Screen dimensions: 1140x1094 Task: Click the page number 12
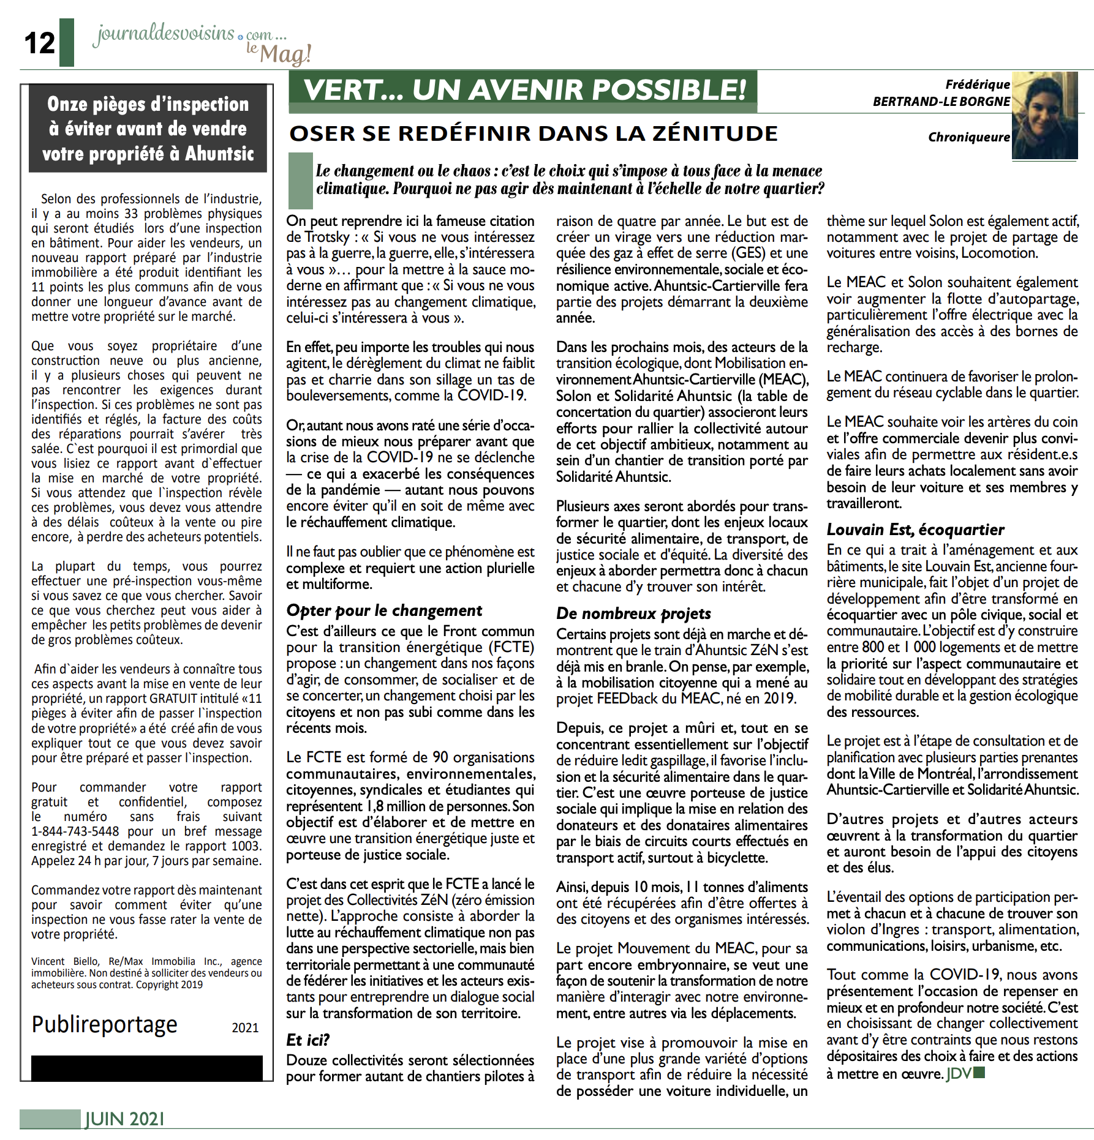[x=40, y=43]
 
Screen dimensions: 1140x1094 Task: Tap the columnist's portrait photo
[x=1044, y=116]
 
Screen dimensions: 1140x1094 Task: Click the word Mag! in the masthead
[x=285, y=54]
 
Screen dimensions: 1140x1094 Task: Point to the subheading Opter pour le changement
[x=384, y=610]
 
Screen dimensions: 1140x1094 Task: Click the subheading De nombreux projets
[x=633, y=613]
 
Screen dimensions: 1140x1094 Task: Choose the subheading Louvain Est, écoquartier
[x=915, y=530]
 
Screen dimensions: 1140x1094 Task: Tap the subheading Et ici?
[x=307, y=1040]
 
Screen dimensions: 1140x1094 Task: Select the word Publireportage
[x=104, y=1024]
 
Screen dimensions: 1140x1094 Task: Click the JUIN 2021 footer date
[x=125, y=1119]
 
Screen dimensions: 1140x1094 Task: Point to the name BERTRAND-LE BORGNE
[x=941, y=102]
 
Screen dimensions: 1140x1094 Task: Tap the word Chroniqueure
[x=968, y=137]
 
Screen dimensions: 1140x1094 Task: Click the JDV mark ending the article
[x=959, y=1073]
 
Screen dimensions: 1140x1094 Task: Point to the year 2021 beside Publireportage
[x=245, y=1027]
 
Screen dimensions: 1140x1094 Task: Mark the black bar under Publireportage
[x=147, y=1068]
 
